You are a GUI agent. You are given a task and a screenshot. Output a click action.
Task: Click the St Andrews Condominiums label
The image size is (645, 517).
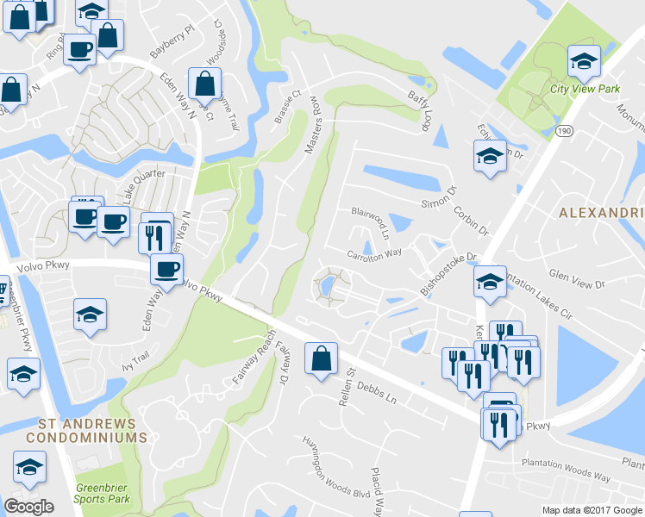click(x=86, y=431)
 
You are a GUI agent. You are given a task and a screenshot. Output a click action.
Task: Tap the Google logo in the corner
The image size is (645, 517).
click(x=28, y=507)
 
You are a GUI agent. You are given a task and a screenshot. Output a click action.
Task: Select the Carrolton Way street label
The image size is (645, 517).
click(x=374, y=253)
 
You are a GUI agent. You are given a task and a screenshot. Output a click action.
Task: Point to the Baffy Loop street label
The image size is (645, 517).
click(x=419, y=110)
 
